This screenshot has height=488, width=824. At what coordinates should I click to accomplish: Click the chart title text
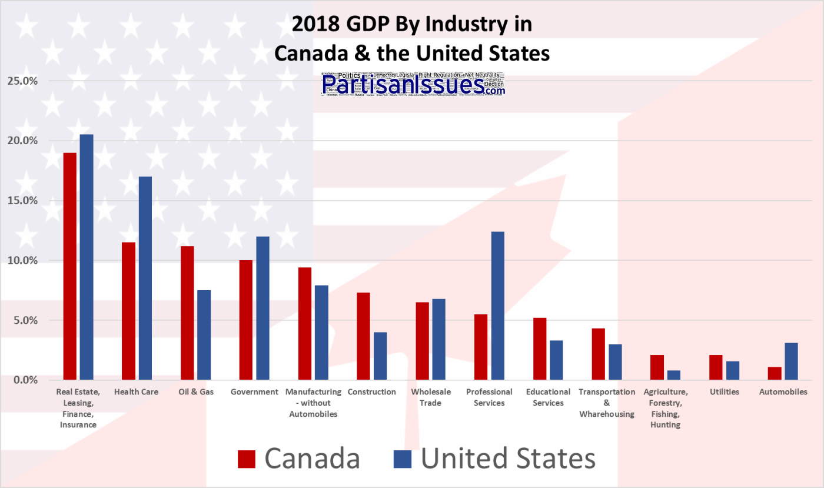(412, 39)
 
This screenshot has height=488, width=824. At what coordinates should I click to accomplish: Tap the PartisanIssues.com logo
(413, 84)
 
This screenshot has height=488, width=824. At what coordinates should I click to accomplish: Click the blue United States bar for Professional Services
(498, 306)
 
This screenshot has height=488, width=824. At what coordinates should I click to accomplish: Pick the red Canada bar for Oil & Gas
(187, 313)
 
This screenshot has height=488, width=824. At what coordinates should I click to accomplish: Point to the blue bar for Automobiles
(792, 361)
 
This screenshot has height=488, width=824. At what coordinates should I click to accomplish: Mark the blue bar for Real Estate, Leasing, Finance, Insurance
(87, 257)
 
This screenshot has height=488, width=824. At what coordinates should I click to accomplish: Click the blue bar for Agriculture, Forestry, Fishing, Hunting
(674, 375)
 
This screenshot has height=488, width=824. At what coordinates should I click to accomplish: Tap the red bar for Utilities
(716, 367)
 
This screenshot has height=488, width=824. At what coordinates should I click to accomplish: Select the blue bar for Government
(263, 308)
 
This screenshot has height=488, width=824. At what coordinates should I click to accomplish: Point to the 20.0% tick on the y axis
(22, 141)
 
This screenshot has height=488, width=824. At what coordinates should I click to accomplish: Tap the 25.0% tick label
(22, 81)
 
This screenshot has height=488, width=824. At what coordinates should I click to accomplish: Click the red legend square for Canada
(247, 459)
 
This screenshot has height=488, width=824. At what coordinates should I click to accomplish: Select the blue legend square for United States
(403, 459)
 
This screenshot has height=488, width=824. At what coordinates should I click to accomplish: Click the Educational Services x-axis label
(548, 397)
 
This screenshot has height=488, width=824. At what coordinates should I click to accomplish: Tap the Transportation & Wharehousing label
(607, 403)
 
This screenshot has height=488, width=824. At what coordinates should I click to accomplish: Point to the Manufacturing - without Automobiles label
(313, 403)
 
